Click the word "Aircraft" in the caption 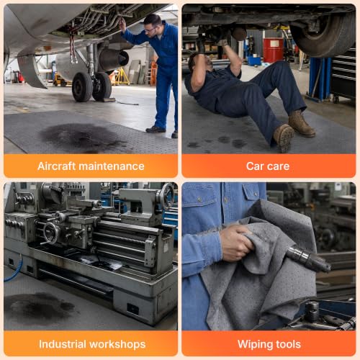pyautogui.click(x=56, y=166)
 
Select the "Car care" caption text pyautogui.click(x=268, y=166)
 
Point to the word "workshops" pyautogui.click(x=117, y=344)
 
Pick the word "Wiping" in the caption pyautogui.click(x=255, y=344)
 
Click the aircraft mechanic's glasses pyautogui.click(x=150, y=30)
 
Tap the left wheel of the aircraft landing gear pyautogui.click(x=81, y=87)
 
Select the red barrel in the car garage pyautogui.click(x=274, y=50)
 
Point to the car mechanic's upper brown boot pyautogui.click(x=301, y=124)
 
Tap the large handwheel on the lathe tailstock pyautogui.click(x=168, y=197)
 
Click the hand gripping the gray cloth pyautogui.click(x=236, y=243)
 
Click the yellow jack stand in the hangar pyautogui.click(x=121, y=76)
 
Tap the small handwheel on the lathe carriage pyautogui.click(x=51, y=233)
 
